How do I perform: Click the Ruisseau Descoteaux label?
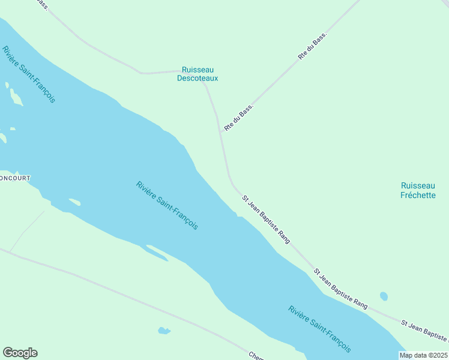(x=197, y=74)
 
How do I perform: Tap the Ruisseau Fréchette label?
(x=418, y=190)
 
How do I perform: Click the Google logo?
(x=20, y=353)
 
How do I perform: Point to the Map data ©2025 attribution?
(x=424, y=355)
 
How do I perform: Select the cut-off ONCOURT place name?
(x=14, y=178)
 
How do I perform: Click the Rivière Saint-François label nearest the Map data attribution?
(x=319, y=329)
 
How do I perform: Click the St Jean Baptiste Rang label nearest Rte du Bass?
(x=266, y=218)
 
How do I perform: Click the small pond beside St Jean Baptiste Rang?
(x=384, y=296)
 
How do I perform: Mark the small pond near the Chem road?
(x=163, y=331)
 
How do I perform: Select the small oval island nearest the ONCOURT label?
(x=74, y=202)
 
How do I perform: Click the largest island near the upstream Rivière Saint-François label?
(x=15, y=97)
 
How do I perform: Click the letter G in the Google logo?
(x=8, y=353)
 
